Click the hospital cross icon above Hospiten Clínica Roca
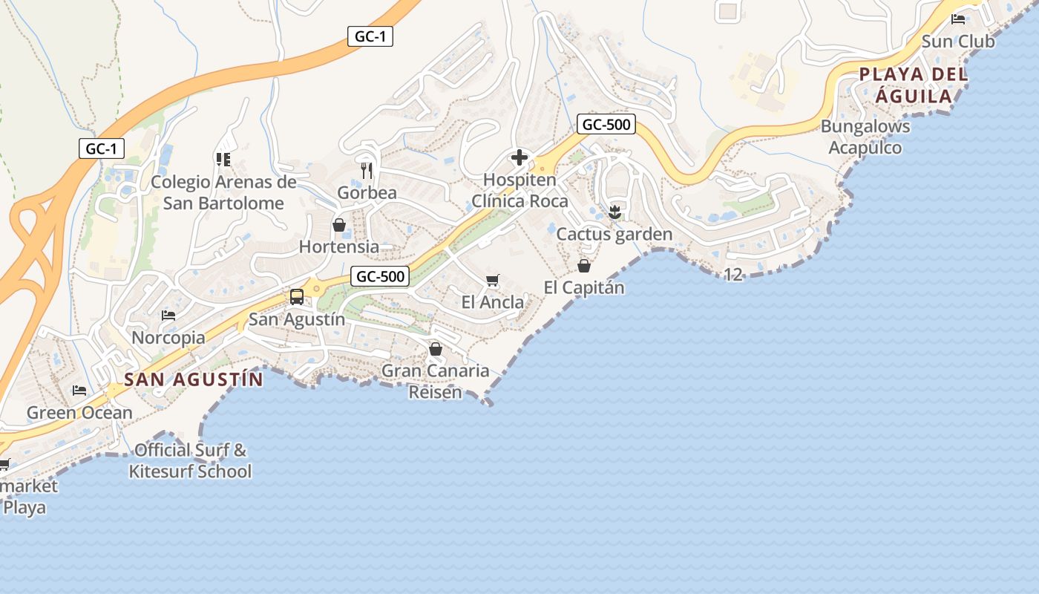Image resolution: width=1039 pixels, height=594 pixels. (519, 157)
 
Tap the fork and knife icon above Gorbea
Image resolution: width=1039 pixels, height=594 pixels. (367, 171)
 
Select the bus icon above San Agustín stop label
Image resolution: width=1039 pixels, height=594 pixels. (297, 297)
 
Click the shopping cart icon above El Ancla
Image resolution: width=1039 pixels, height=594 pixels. (492, 280)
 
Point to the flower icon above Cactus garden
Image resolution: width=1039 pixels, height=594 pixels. (614, 212)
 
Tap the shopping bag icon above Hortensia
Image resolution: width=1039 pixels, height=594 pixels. (339, 224)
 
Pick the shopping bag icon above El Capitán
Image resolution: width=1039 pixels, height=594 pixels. (584, 265)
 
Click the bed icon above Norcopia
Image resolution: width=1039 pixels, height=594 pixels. (168, 316)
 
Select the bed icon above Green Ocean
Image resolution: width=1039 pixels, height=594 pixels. (79, 391)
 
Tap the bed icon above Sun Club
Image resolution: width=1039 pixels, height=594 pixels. (958, 19)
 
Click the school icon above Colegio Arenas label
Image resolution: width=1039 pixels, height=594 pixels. (223, 159)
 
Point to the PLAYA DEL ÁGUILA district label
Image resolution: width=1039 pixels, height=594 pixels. (914, 85)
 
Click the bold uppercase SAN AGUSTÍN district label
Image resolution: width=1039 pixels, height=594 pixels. (193, 379)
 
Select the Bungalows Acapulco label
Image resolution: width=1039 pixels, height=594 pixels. (865, 137)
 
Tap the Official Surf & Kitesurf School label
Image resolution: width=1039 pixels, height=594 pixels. (190, 460)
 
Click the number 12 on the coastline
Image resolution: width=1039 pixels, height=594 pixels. (732, 275)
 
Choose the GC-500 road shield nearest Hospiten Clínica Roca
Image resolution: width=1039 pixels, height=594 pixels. (607, 125)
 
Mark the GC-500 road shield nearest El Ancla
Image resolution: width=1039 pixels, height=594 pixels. (381, 277)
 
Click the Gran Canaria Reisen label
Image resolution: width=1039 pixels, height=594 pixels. (436, 381)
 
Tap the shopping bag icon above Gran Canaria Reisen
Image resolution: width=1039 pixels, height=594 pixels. (436, 348)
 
